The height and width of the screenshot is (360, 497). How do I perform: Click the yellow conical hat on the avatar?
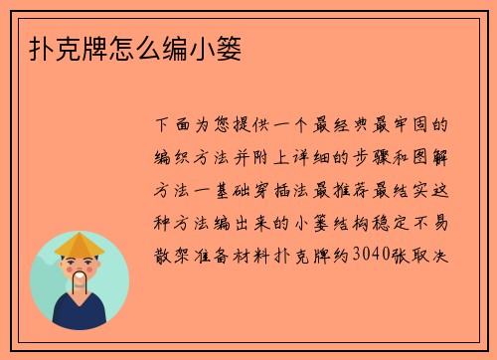[81, 244]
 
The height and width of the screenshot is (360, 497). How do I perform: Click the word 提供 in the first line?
[252, 126]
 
